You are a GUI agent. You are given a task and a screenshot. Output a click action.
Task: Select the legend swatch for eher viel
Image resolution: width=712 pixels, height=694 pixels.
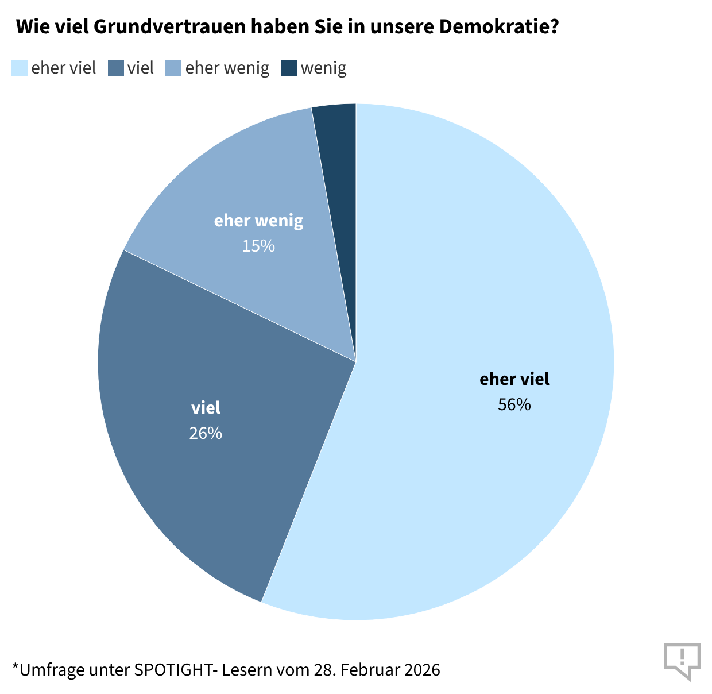click(20, 68)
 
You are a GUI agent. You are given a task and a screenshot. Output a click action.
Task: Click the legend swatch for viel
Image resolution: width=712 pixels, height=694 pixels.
click(116, 68)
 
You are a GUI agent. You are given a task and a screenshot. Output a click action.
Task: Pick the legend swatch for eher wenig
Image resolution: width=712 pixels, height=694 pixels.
click(173, 68)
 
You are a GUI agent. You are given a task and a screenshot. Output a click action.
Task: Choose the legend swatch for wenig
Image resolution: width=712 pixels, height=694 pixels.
click(289, 68)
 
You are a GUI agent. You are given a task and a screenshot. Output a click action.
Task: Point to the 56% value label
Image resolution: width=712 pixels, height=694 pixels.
click(514, 404)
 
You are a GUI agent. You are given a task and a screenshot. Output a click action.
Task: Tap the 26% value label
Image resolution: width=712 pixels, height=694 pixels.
click(206, 433)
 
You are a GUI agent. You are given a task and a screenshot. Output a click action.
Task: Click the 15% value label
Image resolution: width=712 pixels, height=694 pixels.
click(258, 246)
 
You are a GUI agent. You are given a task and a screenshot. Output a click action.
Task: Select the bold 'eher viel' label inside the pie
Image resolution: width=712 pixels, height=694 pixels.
click(514, 379)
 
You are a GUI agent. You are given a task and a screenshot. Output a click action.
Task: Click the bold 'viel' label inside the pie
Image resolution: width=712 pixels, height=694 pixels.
click(206, 408)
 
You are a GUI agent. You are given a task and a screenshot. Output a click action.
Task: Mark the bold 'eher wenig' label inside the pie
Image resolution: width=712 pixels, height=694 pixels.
click(258, 221)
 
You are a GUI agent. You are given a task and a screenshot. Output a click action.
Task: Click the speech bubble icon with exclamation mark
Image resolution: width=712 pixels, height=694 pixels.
click(682, 660)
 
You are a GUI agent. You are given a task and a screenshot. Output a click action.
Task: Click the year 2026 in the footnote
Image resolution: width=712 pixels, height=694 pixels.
click(422, 670)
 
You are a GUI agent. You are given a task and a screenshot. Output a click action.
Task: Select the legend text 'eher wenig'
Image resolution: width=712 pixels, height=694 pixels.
click(227, 68)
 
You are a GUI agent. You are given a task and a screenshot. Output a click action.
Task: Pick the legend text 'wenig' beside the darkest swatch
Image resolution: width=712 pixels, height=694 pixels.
click(324, 68)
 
